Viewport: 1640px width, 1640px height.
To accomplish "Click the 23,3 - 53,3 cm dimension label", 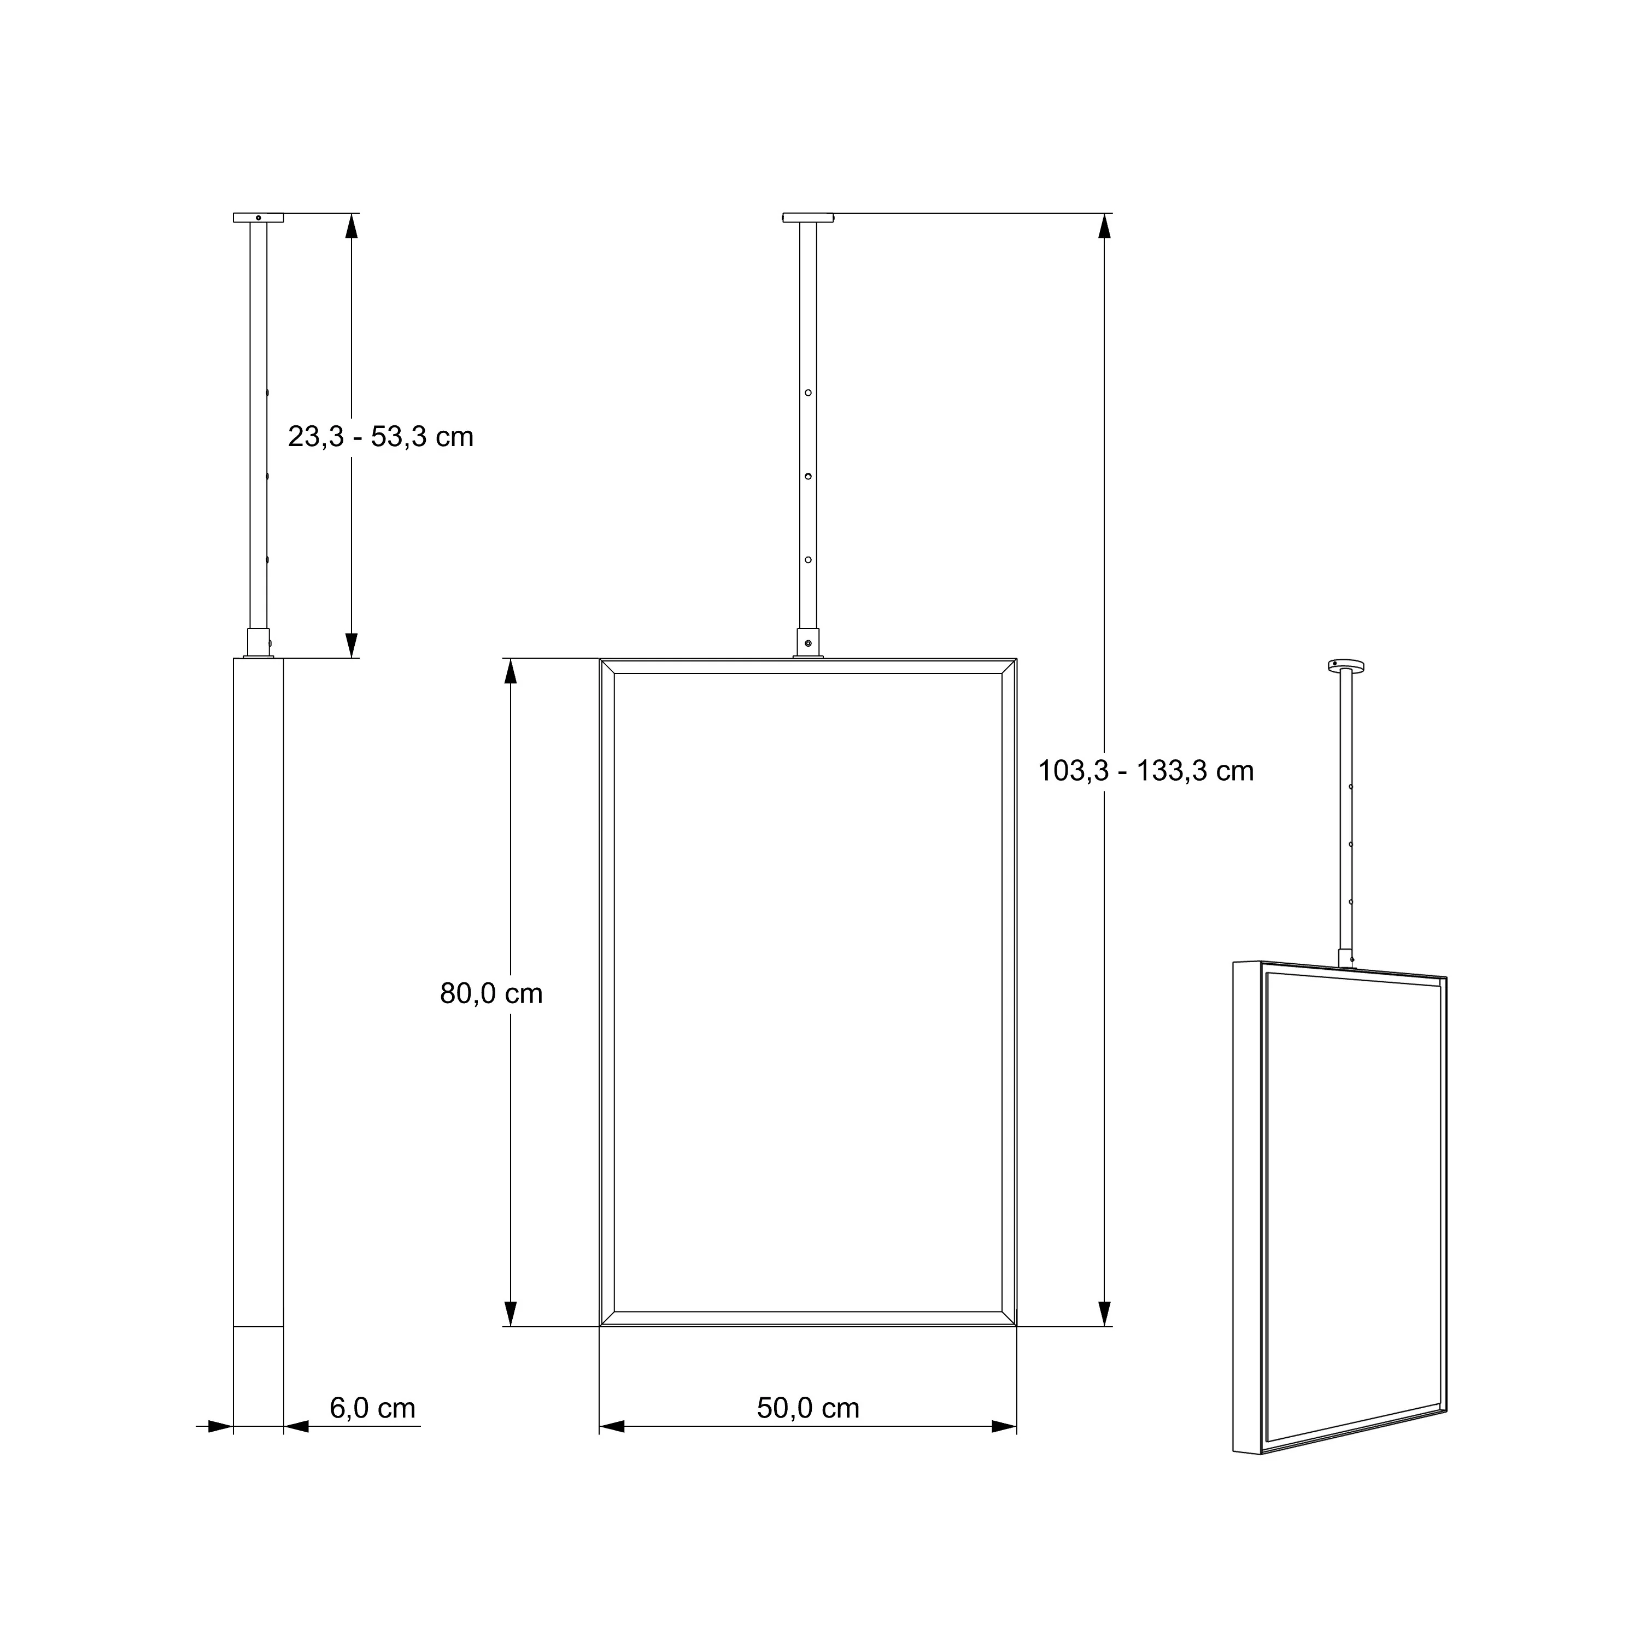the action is point(380,437).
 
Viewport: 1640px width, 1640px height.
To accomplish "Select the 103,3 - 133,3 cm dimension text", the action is point(1146,771).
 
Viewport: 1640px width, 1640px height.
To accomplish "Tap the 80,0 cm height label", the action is point(491,993).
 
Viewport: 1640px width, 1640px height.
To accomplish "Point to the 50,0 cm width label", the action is point(808,1408).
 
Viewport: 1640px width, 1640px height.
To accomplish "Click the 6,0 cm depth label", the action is point(373,1408).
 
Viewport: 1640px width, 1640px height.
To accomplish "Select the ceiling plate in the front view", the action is point(808,218).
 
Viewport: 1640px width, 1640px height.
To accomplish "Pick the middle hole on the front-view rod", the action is point(808,476).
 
